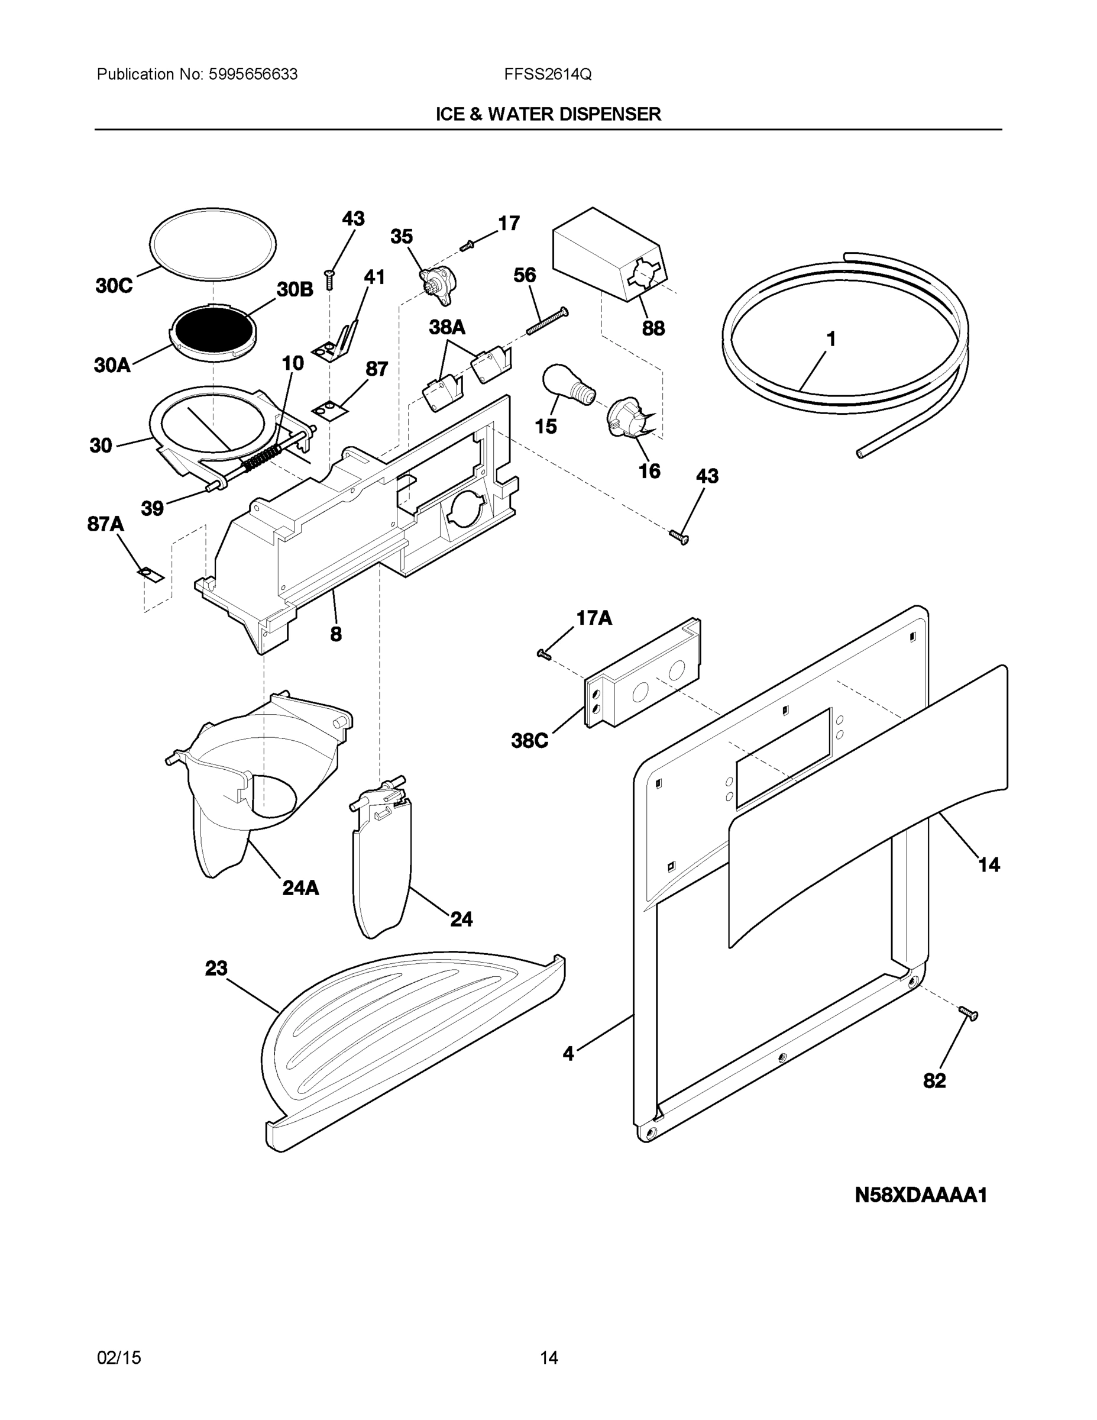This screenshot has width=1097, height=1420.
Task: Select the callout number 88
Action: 653,328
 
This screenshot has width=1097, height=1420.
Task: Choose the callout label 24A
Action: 300,887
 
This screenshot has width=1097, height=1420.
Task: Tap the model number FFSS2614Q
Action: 547,75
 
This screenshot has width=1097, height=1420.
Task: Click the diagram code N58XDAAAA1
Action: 921,1195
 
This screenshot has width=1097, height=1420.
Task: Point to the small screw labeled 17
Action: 467,246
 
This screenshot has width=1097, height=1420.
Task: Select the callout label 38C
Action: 530,741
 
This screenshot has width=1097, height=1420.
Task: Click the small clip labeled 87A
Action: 150,574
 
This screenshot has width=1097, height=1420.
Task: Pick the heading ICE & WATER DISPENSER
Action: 548,114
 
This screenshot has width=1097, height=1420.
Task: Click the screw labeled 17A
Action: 544,654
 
